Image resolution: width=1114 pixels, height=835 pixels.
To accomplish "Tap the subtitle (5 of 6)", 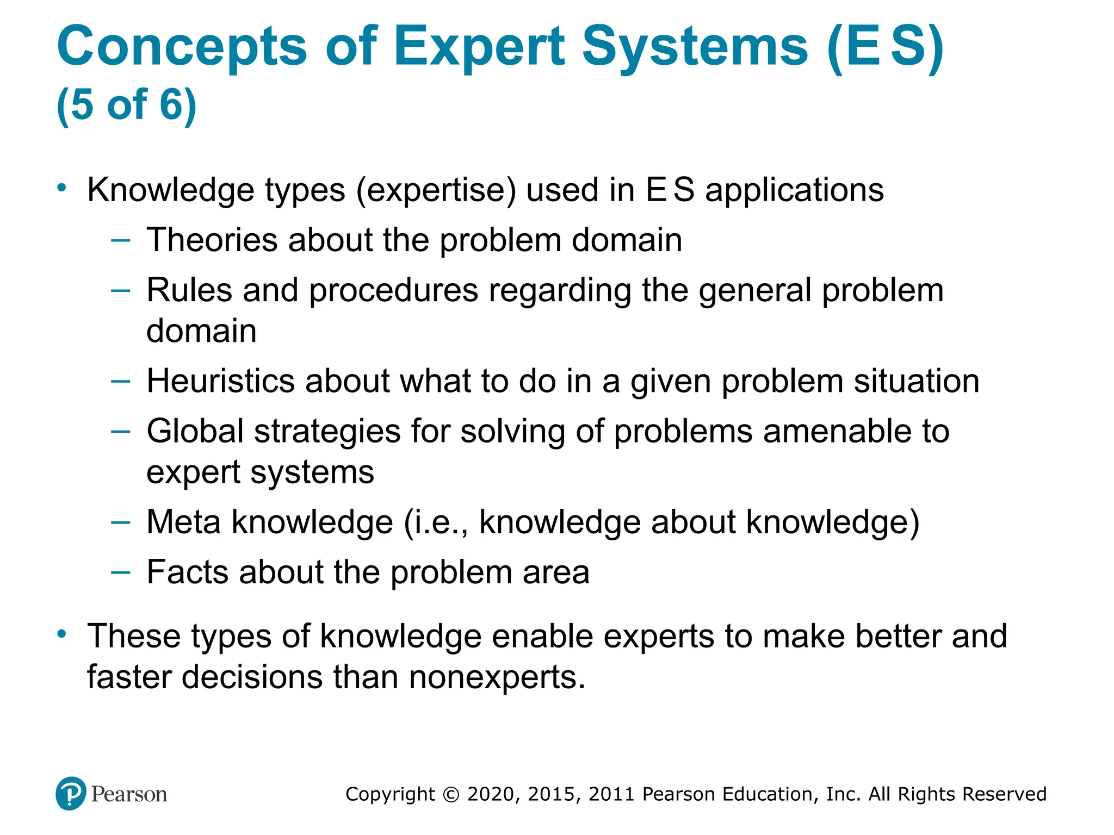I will point(126,104).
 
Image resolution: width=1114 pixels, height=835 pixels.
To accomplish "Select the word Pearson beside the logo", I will point(129,794).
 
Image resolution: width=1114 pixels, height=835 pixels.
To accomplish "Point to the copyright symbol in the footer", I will point(451,794).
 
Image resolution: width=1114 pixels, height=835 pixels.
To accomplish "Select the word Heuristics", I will point(220,381).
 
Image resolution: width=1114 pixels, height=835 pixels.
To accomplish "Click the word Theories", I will point(212,240).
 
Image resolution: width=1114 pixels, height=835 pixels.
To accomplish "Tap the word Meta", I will point(183,522).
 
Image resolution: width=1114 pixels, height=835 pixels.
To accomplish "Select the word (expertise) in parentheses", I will point(436,190).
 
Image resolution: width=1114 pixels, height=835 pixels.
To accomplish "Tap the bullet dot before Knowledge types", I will point(62,188).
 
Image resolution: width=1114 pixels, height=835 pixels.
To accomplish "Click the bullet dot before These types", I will point(62,634).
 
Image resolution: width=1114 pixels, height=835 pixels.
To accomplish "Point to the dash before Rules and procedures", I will point(120,290).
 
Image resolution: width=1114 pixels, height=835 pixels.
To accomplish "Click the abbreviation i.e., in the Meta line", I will point(436,522).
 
